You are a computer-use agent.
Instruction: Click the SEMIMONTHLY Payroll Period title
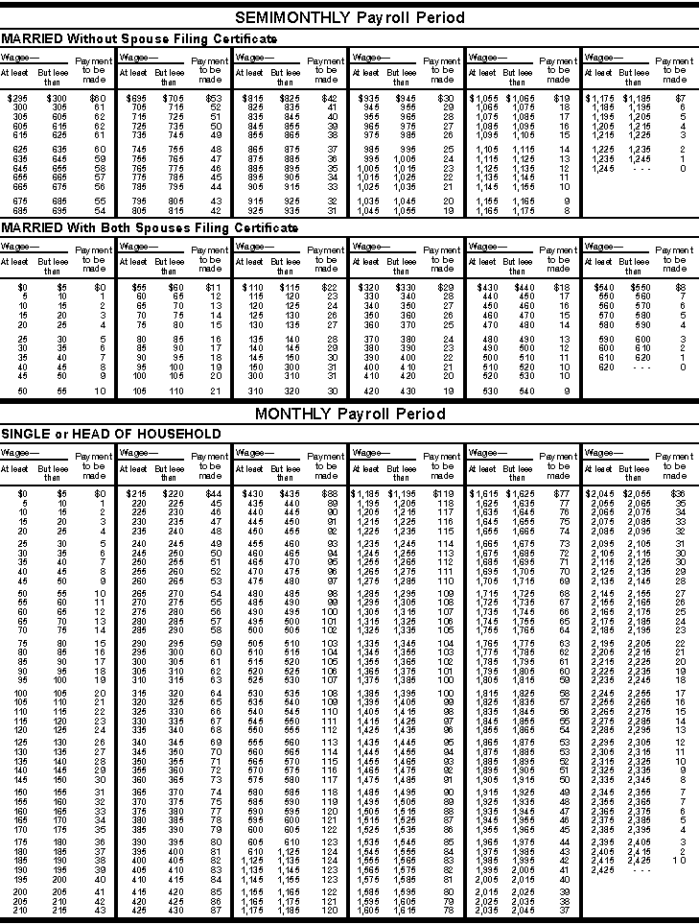click(349, 17)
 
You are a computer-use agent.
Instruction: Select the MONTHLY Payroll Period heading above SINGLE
click(349, 414)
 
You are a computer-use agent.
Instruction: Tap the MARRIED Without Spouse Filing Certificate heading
click(139, 38)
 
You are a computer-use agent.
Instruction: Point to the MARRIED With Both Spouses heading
click(149, 227)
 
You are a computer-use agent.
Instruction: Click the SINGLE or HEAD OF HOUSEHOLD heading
click(112, 434)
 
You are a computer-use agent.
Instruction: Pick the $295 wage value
click(17, 99)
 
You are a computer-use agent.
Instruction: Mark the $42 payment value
click(329, 99)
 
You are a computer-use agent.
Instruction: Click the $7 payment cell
click(680, 99)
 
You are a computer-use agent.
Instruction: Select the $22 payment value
click(329, 287)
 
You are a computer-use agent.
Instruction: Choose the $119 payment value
click(444, 493)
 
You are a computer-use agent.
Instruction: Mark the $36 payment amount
click(678, 493)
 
